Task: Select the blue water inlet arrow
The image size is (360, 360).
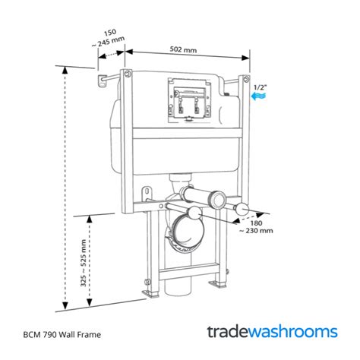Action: tap(259, 98)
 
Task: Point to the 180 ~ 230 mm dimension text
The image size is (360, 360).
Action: tap(255, 227)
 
